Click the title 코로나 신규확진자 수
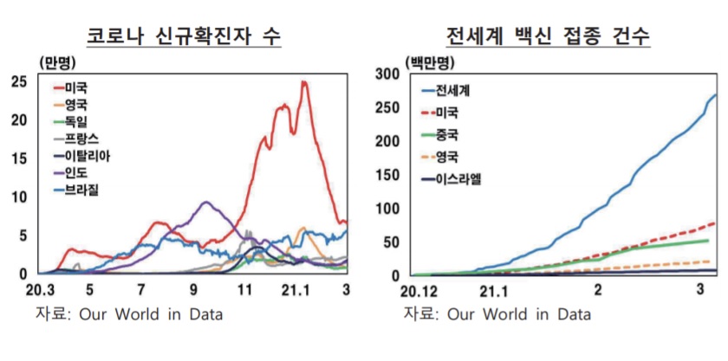click(x=184, y=36)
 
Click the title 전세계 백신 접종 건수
click(x=548, y=36)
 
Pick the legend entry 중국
click(x=448, y=135)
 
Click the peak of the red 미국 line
click(x=303, y=82)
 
